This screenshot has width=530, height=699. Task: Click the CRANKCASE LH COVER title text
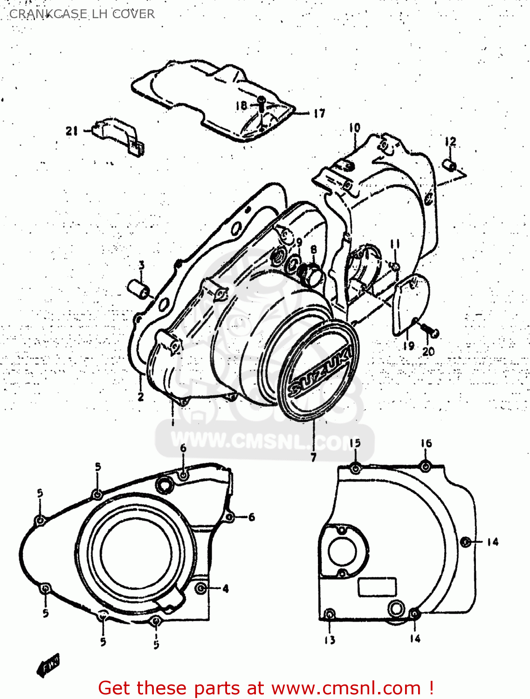(82, 14)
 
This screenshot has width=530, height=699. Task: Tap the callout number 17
(319, 113)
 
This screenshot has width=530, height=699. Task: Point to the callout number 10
(354, 127)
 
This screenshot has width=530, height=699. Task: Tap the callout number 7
(313, 457)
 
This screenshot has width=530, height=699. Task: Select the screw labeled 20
(431, 331)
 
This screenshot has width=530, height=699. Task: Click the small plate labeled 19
(410, 303)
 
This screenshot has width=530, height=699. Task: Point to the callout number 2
(140, 397)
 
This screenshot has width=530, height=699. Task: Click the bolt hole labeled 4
(201, 588)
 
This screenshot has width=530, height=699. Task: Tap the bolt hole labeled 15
(355, 468)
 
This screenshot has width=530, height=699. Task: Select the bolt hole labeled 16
(425, 466)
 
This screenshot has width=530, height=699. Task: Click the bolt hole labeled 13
(329, 614)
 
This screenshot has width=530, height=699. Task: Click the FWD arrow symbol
(48, 665)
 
